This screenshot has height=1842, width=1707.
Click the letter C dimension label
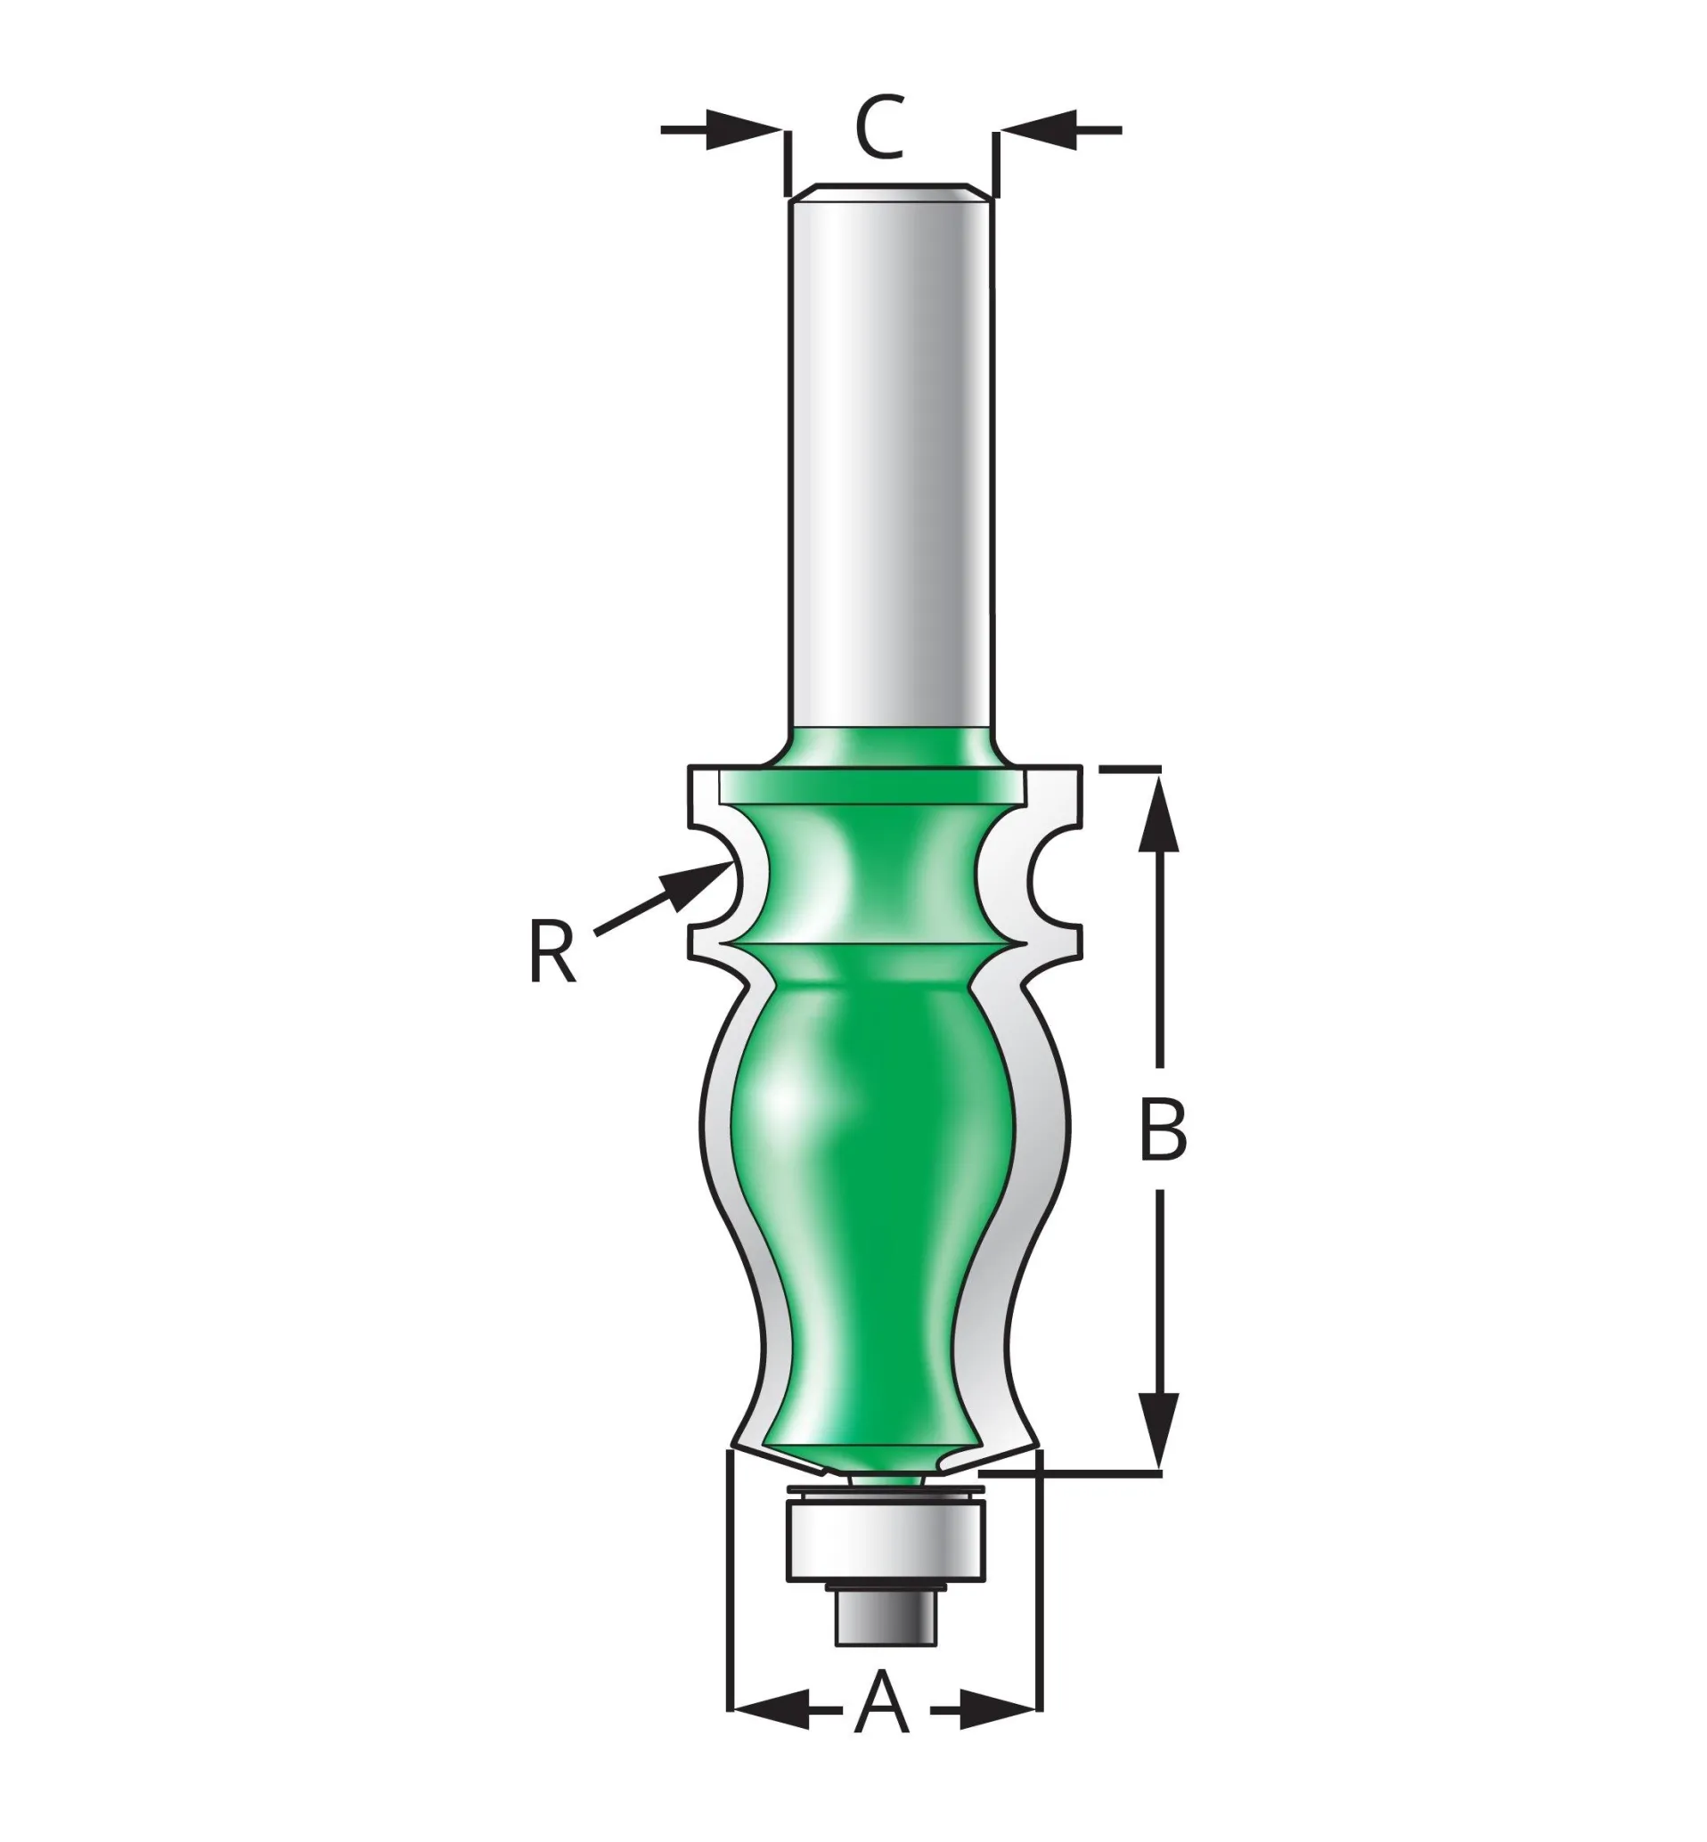[x=878, y=126]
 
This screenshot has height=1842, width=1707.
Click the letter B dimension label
[x=1161, y=1131]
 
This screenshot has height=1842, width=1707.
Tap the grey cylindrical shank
[x=889, y=461]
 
